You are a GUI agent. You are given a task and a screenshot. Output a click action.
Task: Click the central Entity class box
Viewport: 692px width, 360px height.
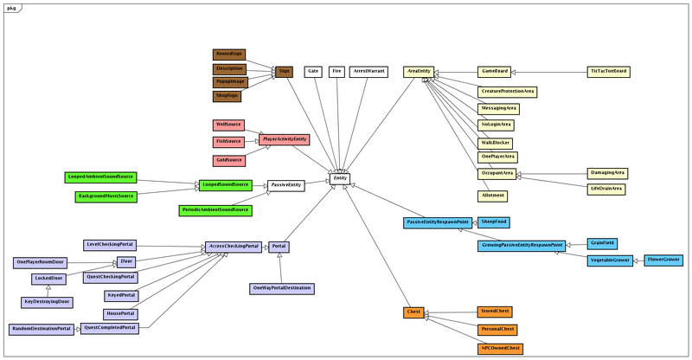[340, 178]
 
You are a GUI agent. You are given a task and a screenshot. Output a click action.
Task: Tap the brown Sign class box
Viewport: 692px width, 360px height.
[285, 71]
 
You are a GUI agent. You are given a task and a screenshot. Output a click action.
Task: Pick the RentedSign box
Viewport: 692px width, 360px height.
[229, 55]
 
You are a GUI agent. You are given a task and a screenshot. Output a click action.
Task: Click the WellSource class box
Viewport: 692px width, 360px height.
[228, 125]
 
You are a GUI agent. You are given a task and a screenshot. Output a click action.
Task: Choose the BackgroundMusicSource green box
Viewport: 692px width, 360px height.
[106, 196]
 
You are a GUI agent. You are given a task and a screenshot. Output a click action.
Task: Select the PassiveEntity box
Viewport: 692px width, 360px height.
[285, 185]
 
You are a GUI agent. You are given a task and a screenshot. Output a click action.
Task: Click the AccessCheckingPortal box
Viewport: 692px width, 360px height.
[234, 247]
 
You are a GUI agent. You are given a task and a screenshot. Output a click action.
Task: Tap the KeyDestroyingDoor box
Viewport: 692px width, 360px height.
[48, 301]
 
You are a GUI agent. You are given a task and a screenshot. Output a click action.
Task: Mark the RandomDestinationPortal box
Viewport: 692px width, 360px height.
[41, 329]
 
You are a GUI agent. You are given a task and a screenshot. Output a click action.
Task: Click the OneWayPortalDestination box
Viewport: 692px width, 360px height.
[281, 287]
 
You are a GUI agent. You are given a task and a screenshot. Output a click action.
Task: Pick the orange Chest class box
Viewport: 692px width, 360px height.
[413, 312]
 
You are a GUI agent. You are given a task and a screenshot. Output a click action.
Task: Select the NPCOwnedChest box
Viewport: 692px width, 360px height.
[501, 348]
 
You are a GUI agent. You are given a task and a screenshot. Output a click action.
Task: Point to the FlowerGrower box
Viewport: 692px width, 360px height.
[663, 260]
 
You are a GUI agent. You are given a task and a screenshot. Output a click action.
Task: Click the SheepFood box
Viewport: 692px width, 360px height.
[494, 222]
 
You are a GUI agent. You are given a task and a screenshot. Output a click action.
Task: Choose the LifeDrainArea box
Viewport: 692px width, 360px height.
[606, 188]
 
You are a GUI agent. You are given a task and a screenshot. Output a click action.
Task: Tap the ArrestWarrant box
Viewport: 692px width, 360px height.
[369, 71]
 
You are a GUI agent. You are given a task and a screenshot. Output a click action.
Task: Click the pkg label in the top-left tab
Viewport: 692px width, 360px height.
[11, 6]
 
